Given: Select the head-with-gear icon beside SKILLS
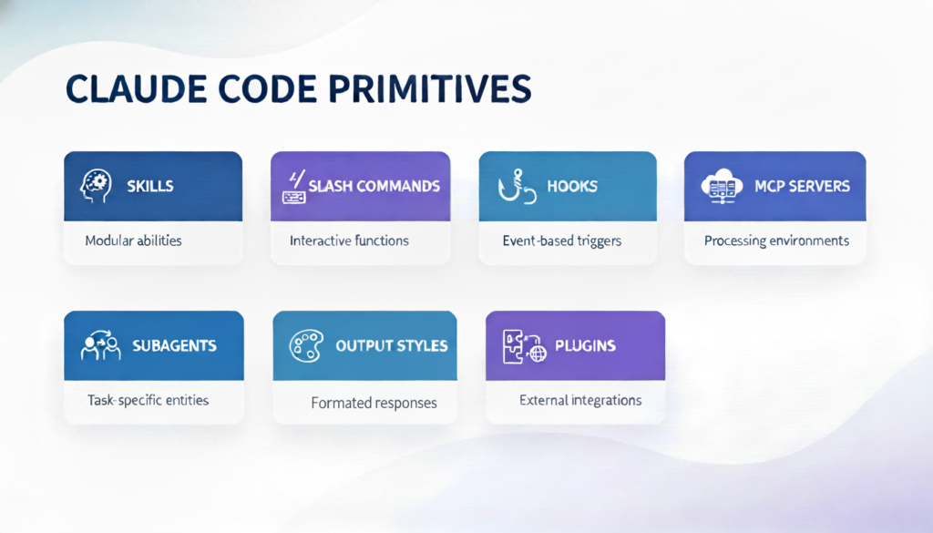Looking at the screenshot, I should point(97,185).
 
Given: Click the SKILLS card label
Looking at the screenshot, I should point(150,186).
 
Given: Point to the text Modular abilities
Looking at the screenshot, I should point(133,241).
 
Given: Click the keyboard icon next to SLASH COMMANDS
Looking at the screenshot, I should point(293,185).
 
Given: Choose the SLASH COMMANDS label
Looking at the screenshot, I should point(374,186).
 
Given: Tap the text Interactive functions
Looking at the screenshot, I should point(349,241).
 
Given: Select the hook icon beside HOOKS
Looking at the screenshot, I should point(512,185).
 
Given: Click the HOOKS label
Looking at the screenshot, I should point(572,186).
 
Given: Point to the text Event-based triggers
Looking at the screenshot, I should point(561,241).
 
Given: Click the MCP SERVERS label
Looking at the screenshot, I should point(802,186).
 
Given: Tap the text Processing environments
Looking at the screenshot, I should point(776,241).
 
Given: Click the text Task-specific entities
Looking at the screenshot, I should point(148,400).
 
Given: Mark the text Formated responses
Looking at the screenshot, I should point(374,403).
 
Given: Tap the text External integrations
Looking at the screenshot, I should point(580,400).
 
